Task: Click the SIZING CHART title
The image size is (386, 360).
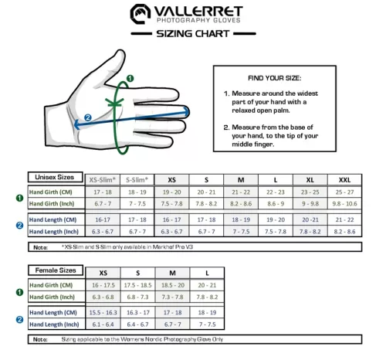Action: coord(192,35)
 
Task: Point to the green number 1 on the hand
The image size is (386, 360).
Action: coord(130,78)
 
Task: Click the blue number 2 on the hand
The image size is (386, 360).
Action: coord(89,117)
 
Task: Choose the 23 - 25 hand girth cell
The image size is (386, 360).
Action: coord(310,192)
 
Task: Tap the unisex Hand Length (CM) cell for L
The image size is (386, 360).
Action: coord(276,219)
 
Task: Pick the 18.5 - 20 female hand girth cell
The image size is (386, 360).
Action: coord(171,284)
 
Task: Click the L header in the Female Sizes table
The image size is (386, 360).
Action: coord(206,273)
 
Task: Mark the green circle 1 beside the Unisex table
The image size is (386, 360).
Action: coord(19,198)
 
